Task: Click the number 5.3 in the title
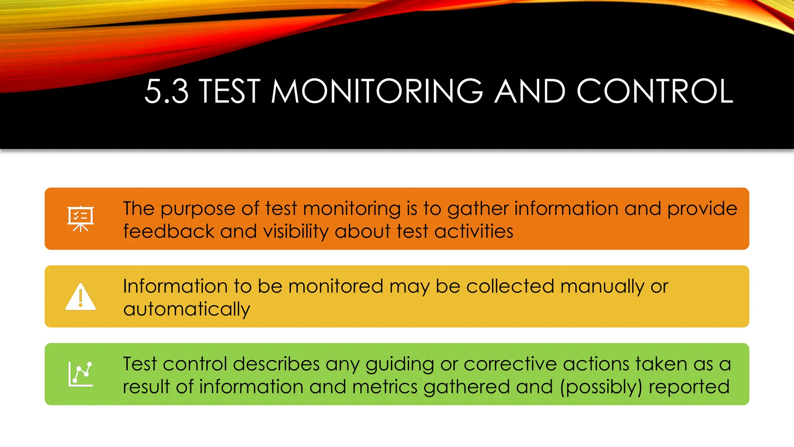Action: (x=167, y=92)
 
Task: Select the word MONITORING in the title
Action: (x=377, y=92)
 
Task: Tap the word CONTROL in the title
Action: (x=655, y=92)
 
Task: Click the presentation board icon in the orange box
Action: (x=80, y=218)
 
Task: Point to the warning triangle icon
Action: (x=80, y=297)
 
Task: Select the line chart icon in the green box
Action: (x=81, y=374)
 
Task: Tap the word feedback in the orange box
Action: (x=168, y=232)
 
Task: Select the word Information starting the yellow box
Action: (x=175, y=286)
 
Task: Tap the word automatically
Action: (x=186, y=310)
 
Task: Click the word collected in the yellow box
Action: (x=510, y=286)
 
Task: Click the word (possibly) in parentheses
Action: (x=601, y=387)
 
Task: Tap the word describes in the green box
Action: (x=276, y=364)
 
